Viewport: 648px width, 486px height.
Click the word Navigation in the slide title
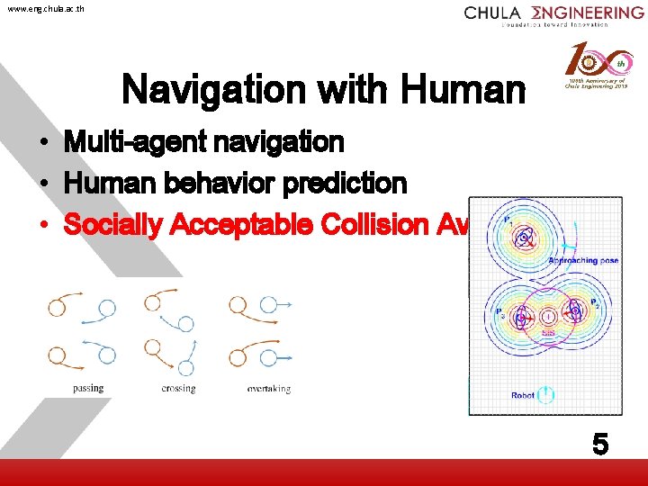(x=203, y=89)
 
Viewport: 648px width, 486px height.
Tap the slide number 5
(x=599, y=444)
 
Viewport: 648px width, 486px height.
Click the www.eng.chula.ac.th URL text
(x=44, y=9)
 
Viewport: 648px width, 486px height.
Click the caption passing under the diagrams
(x=88, y=389)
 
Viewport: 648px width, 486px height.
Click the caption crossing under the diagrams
(x=178, y=389)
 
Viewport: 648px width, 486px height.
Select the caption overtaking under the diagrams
(x=268, y=389)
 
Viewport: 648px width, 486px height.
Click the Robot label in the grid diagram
(x=522, y=395)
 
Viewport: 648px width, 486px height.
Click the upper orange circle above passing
(x=57, y=307)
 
